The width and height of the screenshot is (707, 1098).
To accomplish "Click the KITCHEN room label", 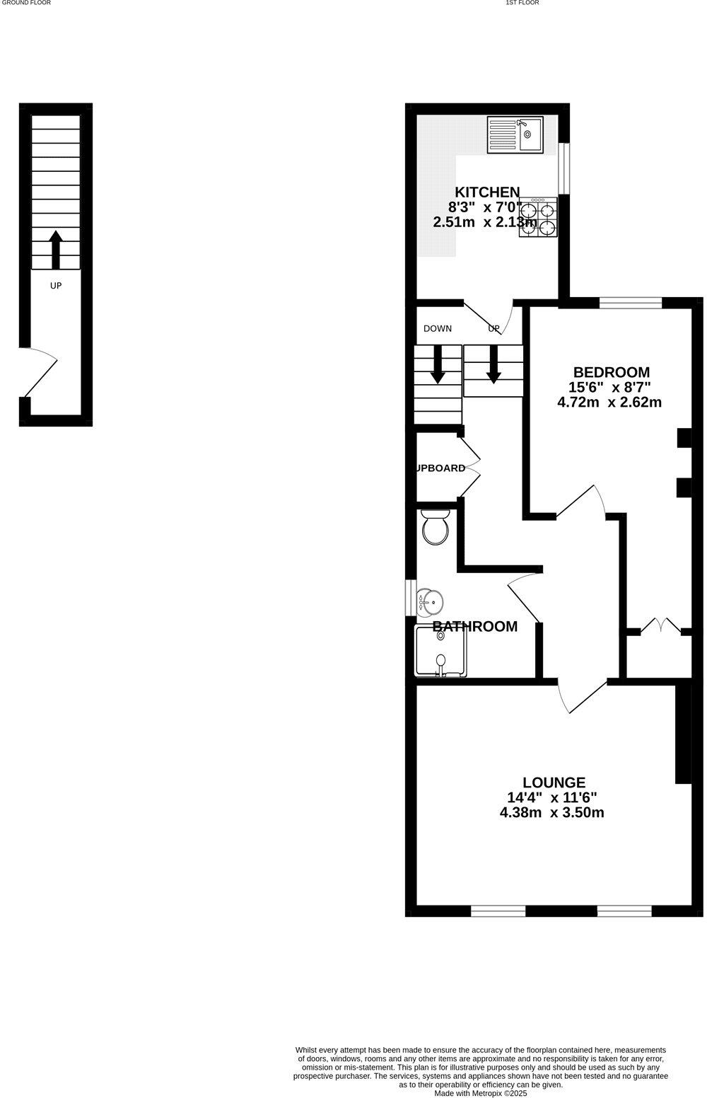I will pyautogui.click(x=487, y=192).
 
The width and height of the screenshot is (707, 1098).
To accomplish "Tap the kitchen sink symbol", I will pyautogui.click(x=515, y=134).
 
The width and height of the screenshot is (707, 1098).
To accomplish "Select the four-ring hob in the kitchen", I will pyautogui.click(x=538, y=216).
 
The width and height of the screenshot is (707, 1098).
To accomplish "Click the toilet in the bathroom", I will pyautogui.click(x=435, y=527).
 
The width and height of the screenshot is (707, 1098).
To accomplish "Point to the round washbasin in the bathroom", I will pyautogui.click(x=431, y=602).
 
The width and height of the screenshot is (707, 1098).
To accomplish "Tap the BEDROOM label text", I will pyautogui.click(x=611, y=372).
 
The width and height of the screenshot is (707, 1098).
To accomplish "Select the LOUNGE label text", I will pyautogui.click(x=554, y=782).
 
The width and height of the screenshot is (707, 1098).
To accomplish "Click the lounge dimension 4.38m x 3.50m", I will pyautogui.click(x=551, y=812).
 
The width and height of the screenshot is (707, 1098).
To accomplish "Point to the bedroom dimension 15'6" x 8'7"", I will pyautogui.click(x=609, y=387).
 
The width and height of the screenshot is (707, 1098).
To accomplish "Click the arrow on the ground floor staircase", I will pyautogui.click(x=56, y=248).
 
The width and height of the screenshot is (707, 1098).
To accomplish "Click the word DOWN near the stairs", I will pyautogui.click(x=438, y=328).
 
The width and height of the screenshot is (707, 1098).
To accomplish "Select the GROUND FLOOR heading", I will pyautogui.click(x=25, y=3).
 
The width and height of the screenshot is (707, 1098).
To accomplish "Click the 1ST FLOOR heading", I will pyautogui.click(x=522, y=3).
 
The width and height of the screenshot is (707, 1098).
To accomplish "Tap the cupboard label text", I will pyautogui.click(x=440, y=468).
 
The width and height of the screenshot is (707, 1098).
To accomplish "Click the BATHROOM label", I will pyautogui.click(x=474, y=626).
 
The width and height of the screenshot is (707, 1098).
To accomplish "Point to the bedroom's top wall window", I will pyautogui.click(x=631, y=303).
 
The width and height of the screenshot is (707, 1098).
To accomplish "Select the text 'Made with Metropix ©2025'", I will pyautogui.click(x=481, y=1092).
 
